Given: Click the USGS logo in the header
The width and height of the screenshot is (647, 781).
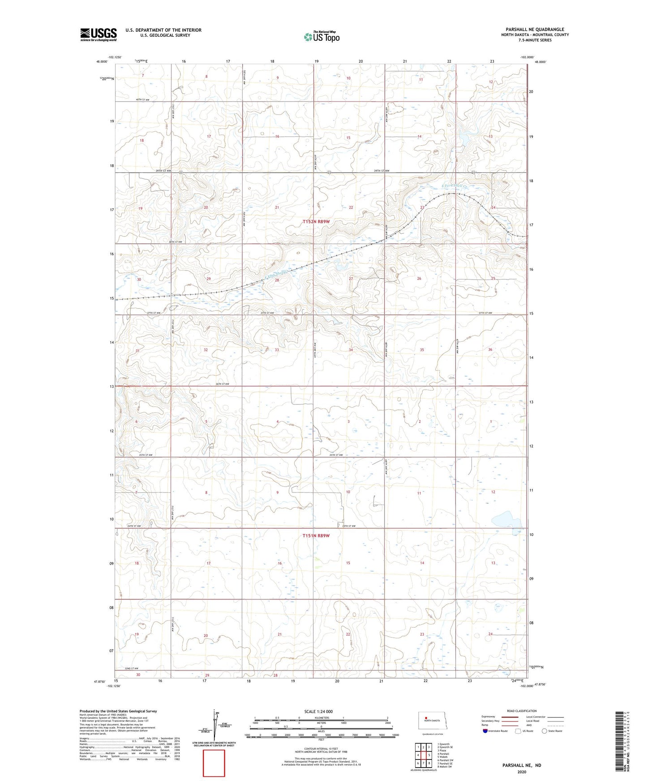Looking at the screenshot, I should (98, 34).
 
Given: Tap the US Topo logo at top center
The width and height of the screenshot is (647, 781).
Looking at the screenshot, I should (321, 36).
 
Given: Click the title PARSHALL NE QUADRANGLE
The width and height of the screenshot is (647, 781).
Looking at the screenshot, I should (535, 30).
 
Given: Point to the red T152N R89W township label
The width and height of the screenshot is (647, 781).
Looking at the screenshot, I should (316, 222).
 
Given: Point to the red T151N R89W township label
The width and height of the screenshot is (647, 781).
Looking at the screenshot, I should (316, 535).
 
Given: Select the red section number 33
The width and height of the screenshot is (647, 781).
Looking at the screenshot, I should (277, 350).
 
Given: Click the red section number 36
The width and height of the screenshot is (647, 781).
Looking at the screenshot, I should (490, 349).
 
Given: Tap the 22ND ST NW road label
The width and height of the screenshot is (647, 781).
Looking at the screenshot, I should (136, 668).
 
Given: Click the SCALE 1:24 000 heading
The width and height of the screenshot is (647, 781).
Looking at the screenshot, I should (318, 712).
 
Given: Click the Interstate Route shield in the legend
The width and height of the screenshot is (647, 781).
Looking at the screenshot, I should (486, 731).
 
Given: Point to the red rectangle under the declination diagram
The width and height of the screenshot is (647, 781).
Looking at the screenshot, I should (214, 763).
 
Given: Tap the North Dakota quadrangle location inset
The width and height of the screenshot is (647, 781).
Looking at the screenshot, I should (432, 721).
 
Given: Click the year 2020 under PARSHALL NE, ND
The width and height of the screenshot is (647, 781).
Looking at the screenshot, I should (521, 772).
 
